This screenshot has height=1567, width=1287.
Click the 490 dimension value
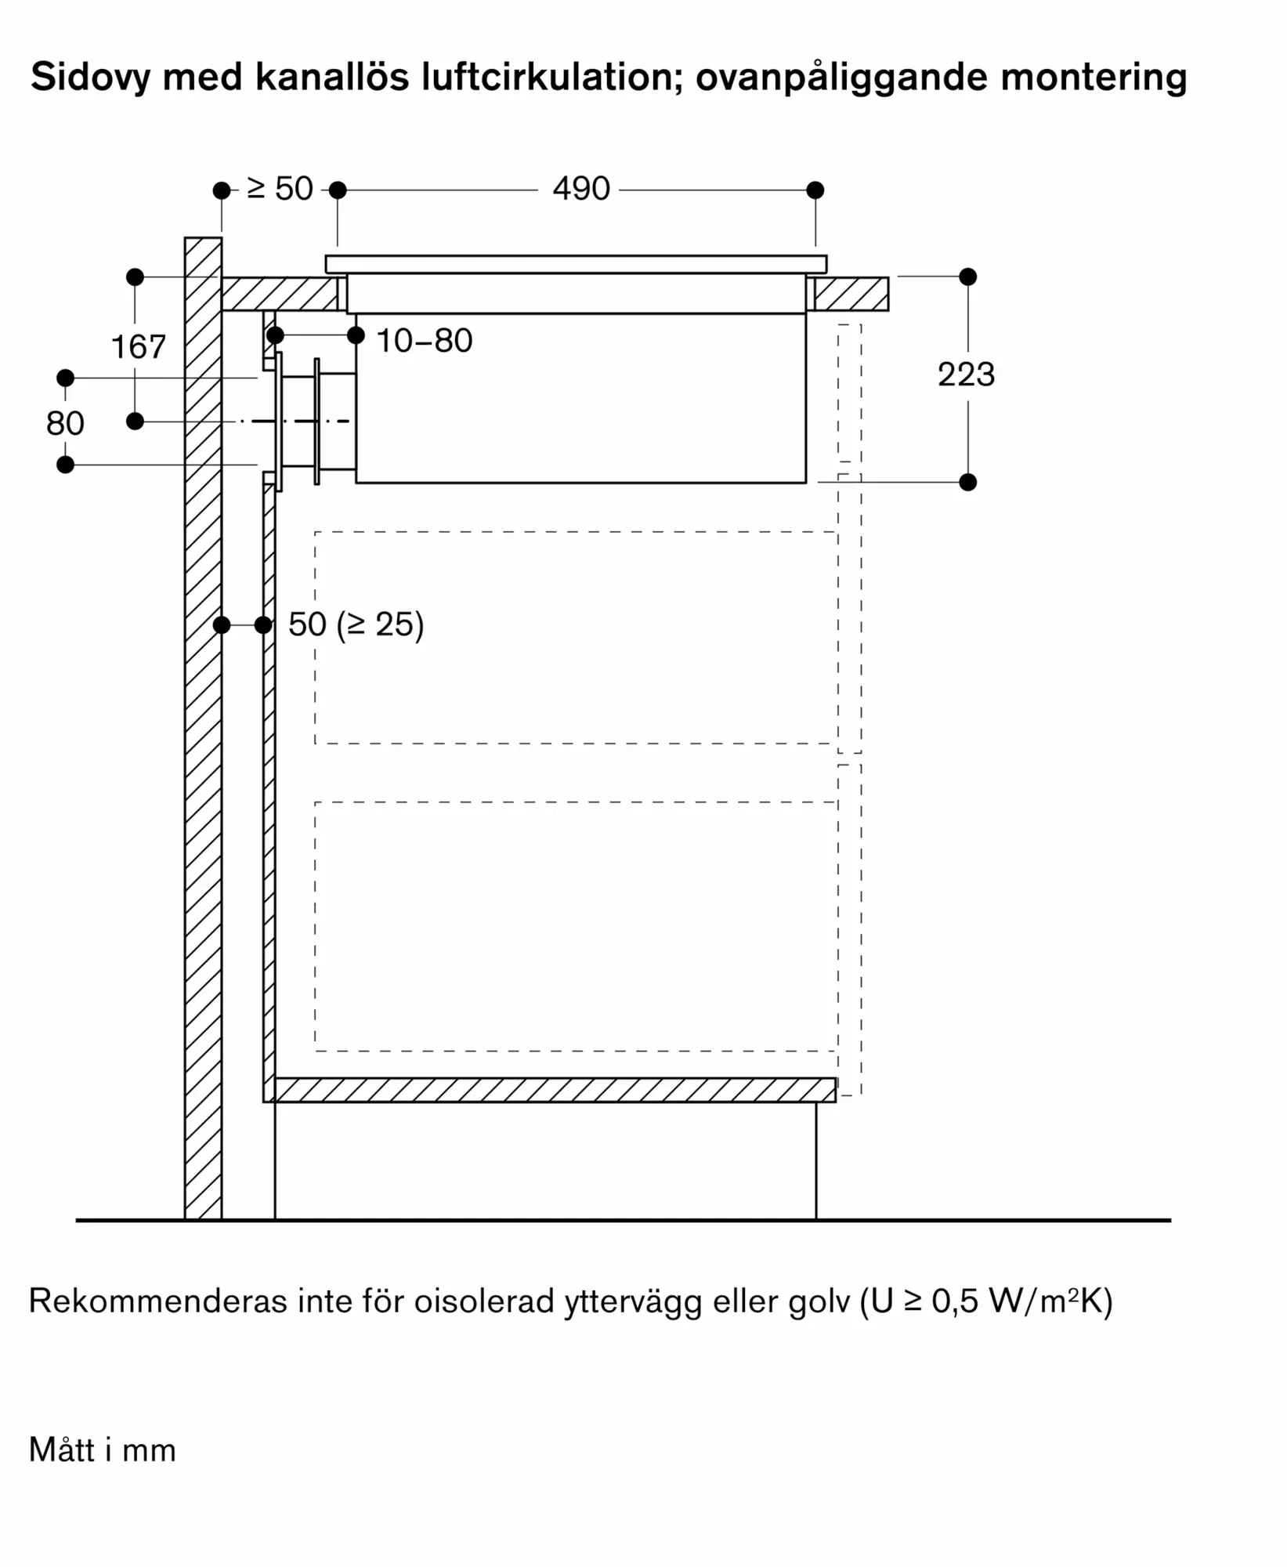pyautogui.click(x=580, y=189)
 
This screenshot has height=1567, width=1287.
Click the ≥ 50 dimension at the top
pyautogui.click(x=280, y=189)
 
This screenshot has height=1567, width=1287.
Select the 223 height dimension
pyautogui.click(x=966, y=375)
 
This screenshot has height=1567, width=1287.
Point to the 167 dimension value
pyautogui.click(x=139, y=347)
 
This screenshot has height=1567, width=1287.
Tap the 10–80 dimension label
pyautogui.click(x=425, y=341)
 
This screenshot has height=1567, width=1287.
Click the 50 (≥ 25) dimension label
pyautogui.click(x=356, y=624)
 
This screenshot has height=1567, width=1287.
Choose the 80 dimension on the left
pyautogui.click(x=65, y=424)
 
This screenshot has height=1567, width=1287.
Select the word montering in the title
pyautogui.click(x=1094, y=78)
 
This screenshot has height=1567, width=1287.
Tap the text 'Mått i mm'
pyautogui.click(x=103, y=1450)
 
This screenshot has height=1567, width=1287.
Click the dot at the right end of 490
pyautogui.click(x=815, y=190)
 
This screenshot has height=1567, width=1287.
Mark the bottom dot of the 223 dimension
pyautogui.click(x=968, y=482)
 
